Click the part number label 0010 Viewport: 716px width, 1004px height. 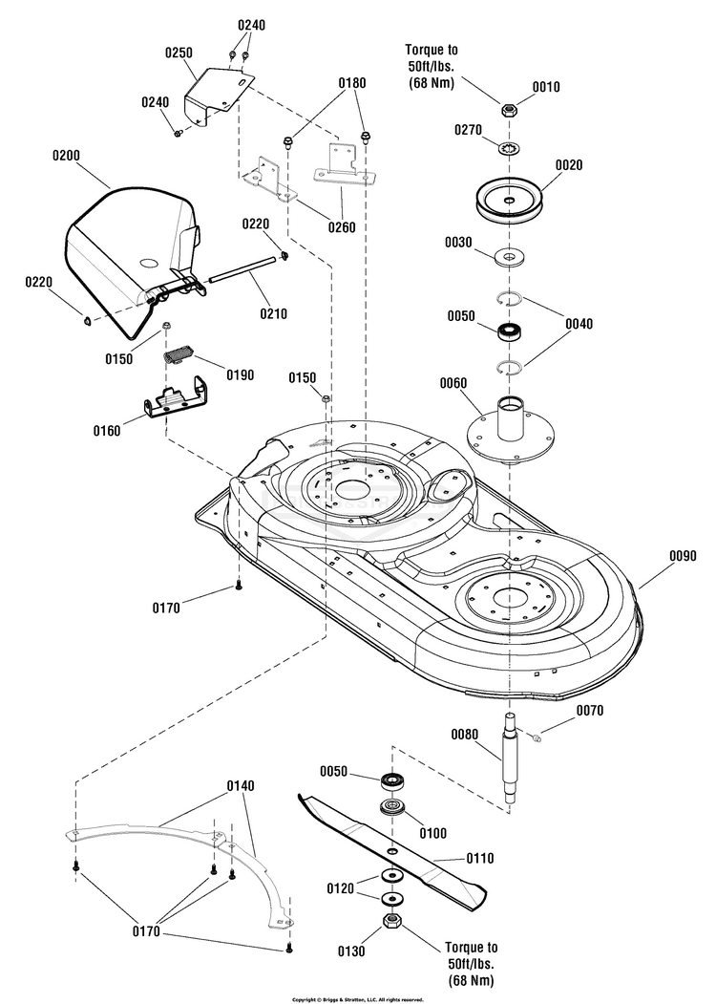coord(546,87)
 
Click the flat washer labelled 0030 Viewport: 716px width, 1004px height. coord(510,257)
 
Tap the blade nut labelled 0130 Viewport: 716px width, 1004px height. coord(391,922)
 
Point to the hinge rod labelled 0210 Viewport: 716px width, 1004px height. coord(243,269)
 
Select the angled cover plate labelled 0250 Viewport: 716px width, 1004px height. coord(218,96)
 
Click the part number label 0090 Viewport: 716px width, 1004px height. coord(683,556)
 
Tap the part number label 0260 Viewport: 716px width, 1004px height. coord(342,227)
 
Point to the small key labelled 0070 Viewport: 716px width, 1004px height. coord(537,738)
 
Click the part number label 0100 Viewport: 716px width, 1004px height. coord(432,833)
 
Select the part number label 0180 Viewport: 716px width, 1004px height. coord(352,83)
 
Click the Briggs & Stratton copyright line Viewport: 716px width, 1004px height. coord(358,999)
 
